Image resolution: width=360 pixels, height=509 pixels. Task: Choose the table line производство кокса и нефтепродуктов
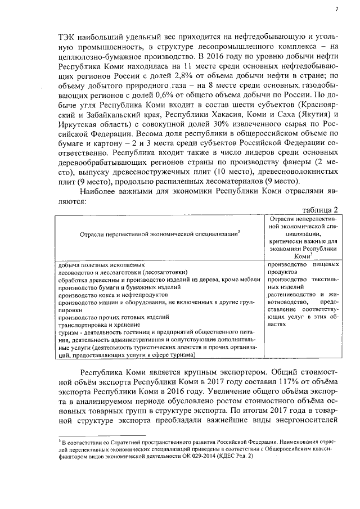[102, 295]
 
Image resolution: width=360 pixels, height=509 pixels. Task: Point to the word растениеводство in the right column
[292, 294]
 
